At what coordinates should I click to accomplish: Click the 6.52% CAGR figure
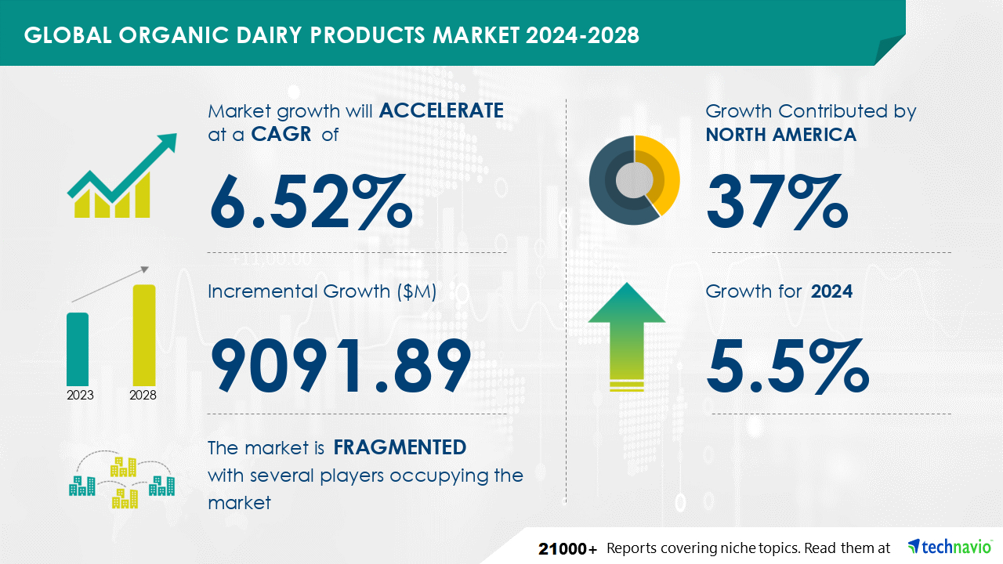311,202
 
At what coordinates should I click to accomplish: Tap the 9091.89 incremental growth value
341,365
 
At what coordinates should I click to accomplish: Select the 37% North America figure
777,202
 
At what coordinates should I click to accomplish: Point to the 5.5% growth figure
788,366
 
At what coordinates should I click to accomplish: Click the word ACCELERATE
441,110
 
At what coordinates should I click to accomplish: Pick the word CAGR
281,134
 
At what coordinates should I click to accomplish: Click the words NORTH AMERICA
781,134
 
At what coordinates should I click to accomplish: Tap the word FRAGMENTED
400,447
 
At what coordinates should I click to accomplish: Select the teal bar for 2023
78,349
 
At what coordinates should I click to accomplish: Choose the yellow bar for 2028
144,335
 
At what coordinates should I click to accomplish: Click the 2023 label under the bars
80,396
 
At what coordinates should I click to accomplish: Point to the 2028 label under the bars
143,396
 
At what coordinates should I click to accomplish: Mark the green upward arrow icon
627,337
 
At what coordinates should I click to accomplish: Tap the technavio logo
950,547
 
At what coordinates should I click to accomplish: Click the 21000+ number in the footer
568,549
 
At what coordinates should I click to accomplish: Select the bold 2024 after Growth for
831,291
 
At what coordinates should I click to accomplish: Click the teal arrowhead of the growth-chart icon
165,144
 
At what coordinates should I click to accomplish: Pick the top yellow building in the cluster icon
123,467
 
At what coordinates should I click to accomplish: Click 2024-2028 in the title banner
582,35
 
